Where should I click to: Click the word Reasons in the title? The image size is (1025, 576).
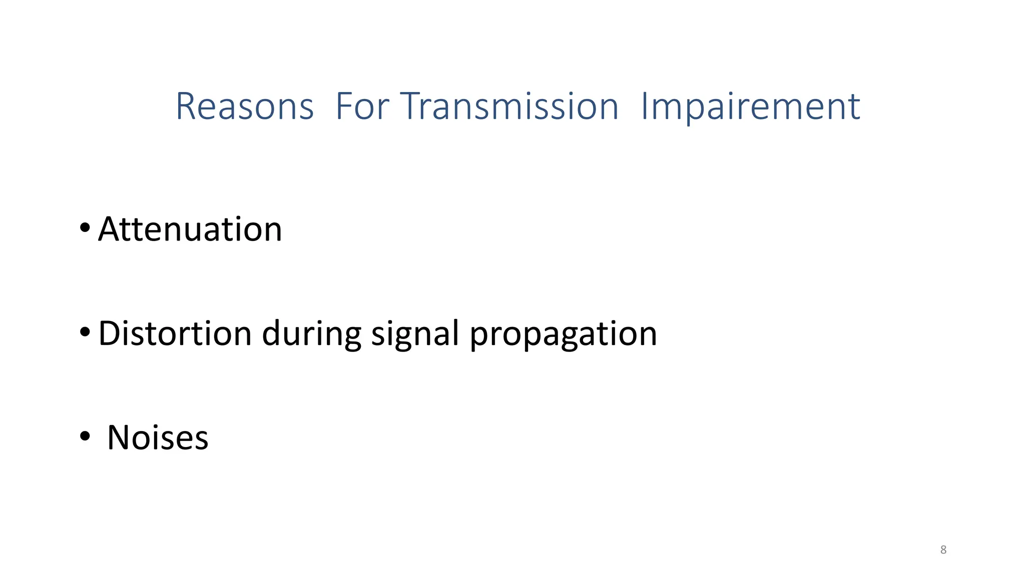244,106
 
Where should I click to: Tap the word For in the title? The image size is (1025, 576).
362,106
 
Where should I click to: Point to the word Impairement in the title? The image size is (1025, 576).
750,107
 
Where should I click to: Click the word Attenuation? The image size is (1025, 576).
190,229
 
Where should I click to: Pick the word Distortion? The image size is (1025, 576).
175,333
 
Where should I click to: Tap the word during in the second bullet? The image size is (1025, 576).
311,334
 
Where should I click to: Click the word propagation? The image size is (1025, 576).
563,334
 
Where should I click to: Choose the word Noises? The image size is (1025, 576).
158,437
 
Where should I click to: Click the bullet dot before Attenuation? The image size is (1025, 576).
85,228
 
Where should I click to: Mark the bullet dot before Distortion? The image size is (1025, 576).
85,331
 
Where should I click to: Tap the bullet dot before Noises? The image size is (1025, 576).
85,436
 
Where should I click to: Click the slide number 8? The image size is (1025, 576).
943,550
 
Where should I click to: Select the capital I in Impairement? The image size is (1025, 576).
645,106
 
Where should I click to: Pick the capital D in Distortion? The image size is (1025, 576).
110,333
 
